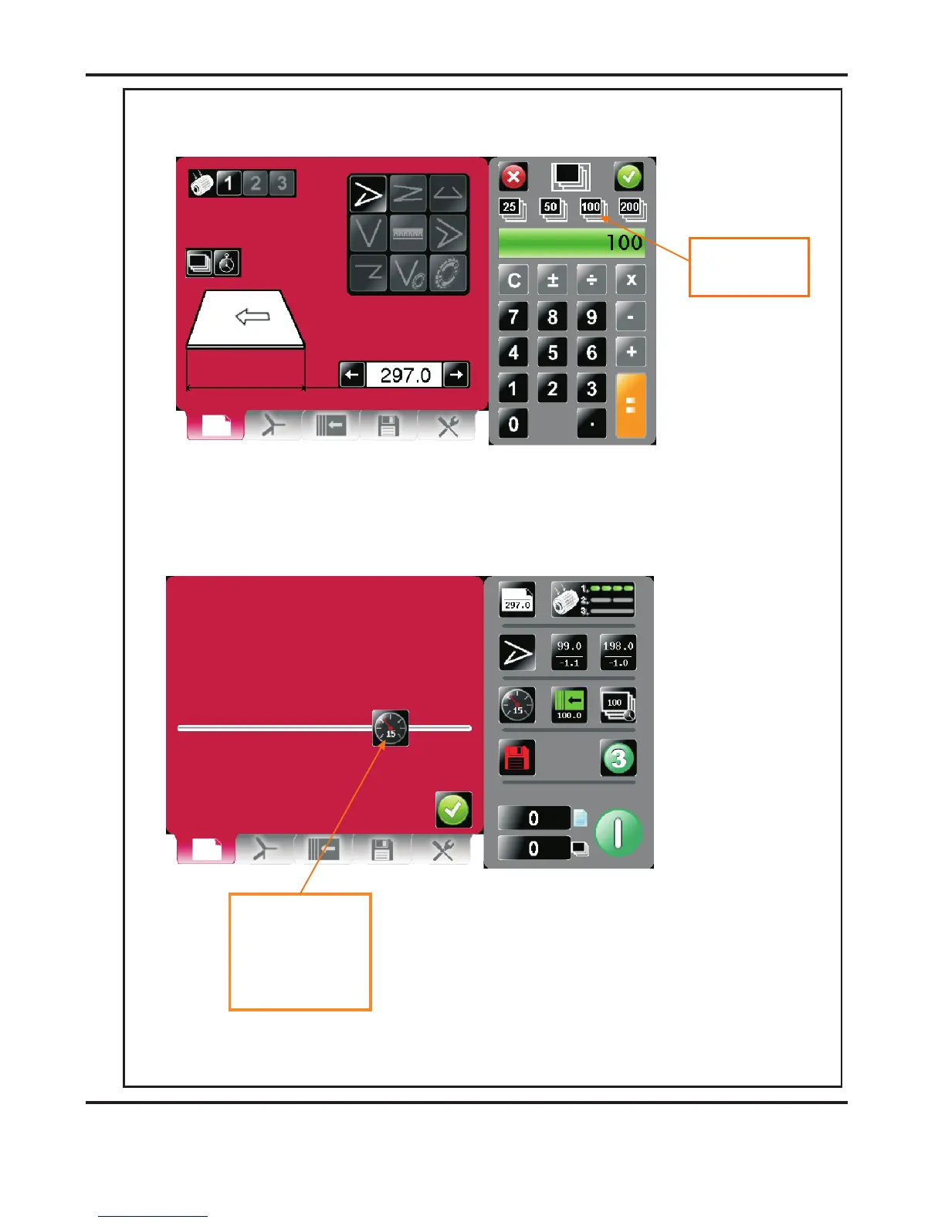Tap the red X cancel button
tap(513, 177)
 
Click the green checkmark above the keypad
tap(628, 177)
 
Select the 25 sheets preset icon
tap(511, 208)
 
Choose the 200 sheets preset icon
tap(632, 208)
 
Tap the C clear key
tap(513, 280)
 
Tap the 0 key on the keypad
tap(513, 424)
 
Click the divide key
tap(591, 280)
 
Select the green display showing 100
tap(571, 242)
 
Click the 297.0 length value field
tap(405, 375)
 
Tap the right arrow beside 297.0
tap(456, 375)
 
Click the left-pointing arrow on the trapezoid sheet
tap(252, 317)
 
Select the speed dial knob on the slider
tap(390, 728)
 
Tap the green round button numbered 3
tap(618, 759)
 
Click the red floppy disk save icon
tap(517, 758)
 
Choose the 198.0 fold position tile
tap(618, 653)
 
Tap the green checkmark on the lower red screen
tap(453, 810)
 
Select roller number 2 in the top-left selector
tap(256, 184)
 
